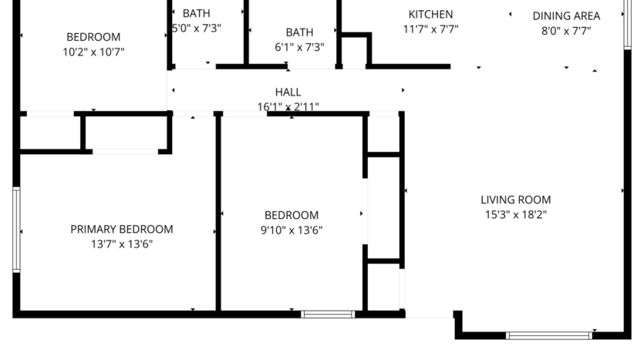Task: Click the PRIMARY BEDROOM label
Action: (122, 229)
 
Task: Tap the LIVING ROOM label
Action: (515, 200)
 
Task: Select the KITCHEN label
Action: (430, 15)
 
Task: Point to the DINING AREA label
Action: (566, 15)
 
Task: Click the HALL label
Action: (288, 93)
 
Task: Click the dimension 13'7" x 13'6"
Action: (122, 244)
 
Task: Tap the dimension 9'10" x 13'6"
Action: (292, 230)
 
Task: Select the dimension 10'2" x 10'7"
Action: (93, 52)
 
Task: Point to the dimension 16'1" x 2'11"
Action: (288, 107)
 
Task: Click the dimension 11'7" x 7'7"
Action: (430, 30)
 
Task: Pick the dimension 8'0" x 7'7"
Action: (566, 31)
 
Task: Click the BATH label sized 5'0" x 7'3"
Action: (196, 13)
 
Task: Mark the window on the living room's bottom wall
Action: (548, 335)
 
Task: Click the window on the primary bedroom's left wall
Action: (16, 229)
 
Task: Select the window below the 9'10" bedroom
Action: (327, 314)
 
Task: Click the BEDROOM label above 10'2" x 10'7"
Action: (93, 37)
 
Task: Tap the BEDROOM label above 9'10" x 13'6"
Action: (292, 215)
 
